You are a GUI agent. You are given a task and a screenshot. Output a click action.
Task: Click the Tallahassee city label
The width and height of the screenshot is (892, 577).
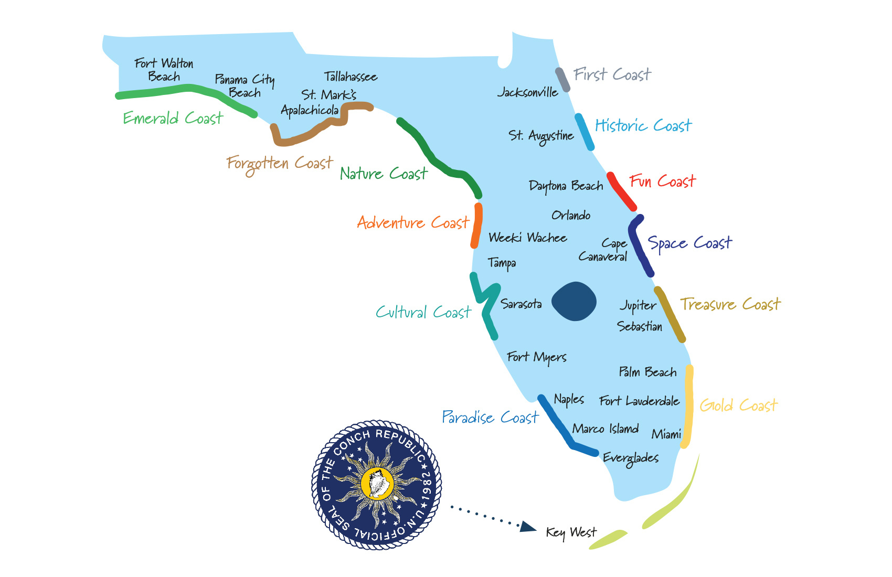(x=351, y=77)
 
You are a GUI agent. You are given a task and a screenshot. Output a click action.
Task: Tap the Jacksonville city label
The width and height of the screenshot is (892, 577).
(x=527, y=92)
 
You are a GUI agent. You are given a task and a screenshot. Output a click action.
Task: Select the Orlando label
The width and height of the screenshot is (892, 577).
(x=570, y=215)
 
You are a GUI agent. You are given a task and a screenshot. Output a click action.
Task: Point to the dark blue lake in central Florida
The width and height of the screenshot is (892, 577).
(x=574, y=301)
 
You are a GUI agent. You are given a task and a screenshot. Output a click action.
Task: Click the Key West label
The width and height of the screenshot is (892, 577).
(x=571, y=532)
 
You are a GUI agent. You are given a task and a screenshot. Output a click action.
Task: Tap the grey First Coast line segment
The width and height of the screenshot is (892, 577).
(x=562, y=80)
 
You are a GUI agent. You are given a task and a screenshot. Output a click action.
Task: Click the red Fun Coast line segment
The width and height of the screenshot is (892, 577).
(x=621, y=191)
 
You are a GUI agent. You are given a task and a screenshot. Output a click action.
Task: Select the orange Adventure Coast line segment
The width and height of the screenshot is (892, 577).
(x=476, y=226)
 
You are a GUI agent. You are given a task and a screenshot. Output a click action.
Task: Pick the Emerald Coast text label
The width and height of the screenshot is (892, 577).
(x=173, y=118)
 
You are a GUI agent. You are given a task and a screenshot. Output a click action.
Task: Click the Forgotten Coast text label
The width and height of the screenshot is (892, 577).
(x=279, y=164)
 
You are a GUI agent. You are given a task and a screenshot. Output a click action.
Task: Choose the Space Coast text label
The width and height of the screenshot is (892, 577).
(x=689, y=243)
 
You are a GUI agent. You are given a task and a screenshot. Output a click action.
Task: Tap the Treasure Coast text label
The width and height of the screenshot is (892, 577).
(x=730, y=304)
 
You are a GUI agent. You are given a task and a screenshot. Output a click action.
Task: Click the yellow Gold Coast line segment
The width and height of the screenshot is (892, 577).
(x=688, y=407)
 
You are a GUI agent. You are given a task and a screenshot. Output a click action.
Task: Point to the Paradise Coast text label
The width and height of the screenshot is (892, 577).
(x=490, y=418)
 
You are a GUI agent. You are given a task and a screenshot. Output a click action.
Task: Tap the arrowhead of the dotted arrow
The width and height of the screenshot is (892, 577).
(x=527, y=527)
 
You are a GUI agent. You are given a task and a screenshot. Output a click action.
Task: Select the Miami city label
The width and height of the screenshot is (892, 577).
(x=666, y=434)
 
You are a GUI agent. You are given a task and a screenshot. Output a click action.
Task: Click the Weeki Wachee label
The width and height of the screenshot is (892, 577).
(x=527, y=238)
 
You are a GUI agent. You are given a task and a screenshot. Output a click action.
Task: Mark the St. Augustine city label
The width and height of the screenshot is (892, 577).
(x=541, y=136)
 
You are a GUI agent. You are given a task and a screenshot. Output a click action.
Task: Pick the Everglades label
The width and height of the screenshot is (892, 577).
(x=630, y=458)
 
